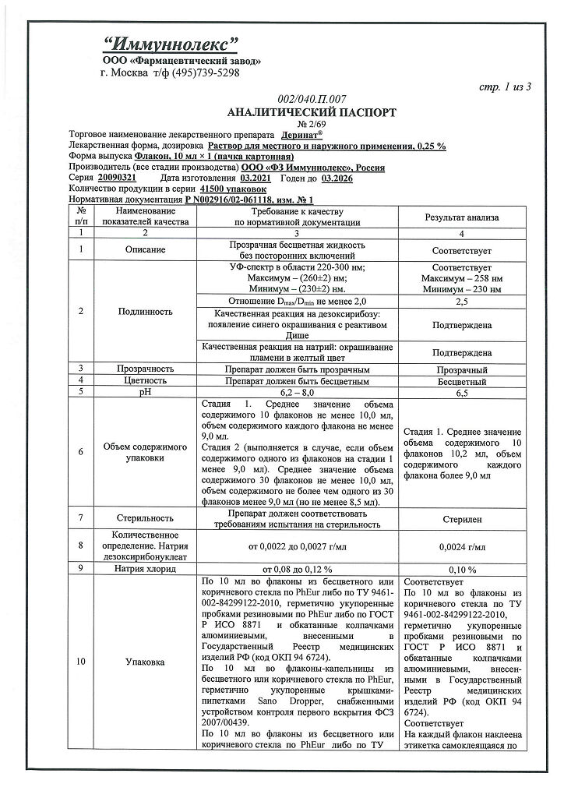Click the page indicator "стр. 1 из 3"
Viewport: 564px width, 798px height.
pos(505,87)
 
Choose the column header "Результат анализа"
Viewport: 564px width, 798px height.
pos(464,217)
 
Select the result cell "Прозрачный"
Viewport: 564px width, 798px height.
pos(464,369)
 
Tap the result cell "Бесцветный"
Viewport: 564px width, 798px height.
pos(464,382)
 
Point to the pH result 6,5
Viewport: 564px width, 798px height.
pos(464,394)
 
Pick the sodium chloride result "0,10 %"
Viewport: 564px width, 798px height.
pos(464,570)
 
